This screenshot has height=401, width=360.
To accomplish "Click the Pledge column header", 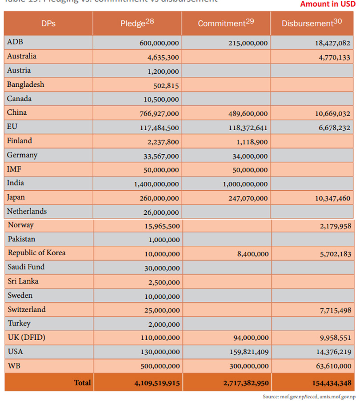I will click(x=137, y=23).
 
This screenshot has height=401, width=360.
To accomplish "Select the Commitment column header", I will click(x=226, y=23).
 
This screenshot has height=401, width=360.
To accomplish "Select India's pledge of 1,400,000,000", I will click(x=156, y=184).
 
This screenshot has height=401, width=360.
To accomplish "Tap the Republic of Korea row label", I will click(x=36, y=253).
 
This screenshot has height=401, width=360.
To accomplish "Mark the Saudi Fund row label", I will click(x=26, y=267).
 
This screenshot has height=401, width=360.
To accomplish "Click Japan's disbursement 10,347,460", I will click(x=332, y=198).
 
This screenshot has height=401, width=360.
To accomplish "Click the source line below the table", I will click(x=309, y=396).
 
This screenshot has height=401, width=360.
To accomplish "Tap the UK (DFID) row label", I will click(x=26, y=338).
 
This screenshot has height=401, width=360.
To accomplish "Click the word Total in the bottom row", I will click(x=82, y=383).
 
